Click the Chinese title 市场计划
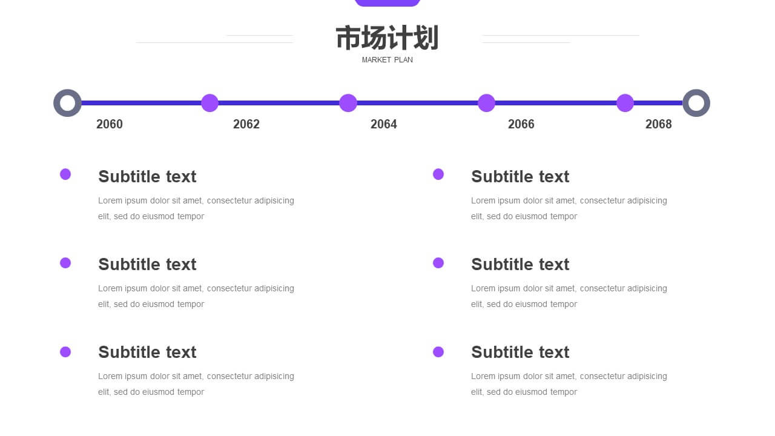[x=387, y=38]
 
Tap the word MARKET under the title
[x=376, y=60]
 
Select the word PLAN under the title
[x=403, y=60]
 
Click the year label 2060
[x=110, y=124]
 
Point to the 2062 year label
[x=246, y=124]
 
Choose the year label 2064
[x=384, y=124]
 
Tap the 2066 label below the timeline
[x=521, y=124]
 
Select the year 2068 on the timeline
[x=659, y=124]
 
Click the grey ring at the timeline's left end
[x=68, y=103]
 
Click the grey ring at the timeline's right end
[x=696, y=103]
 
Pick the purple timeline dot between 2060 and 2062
[x=209, y=103]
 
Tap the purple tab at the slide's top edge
[x=387, y=2]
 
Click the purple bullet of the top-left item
[x=65, y=174]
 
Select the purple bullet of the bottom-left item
[x=65, y=352]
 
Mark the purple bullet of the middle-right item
[x=438, y=263]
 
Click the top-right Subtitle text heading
[x=520, y=176]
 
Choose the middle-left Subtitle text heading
[x=147, y=264]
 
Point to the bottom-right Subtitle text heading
[x=520, y=352]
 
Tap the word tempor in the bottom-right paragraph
[x=564, y=392]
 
